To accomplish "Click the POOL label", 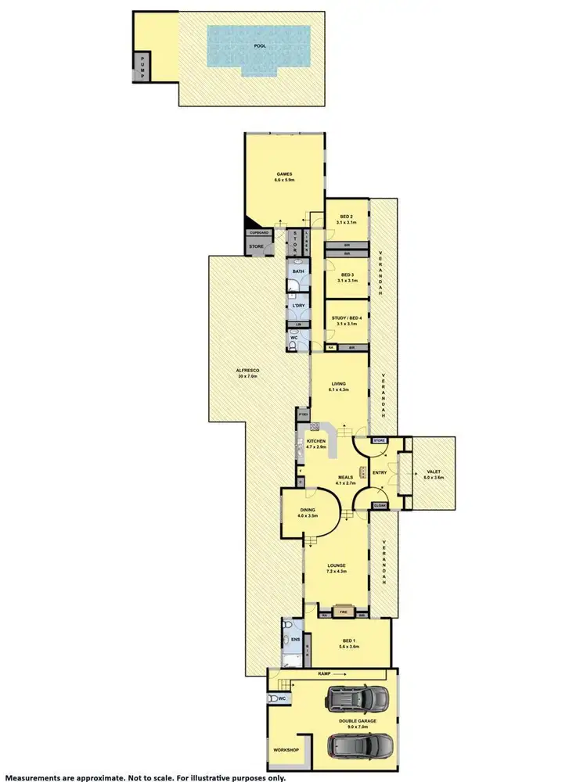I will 259,46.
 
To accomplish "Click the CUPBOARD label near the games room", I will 259,233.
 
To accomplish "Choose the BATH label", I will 298,271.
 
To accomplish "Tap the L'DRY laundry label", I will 298,305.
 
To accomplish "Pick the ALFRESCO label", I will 247,372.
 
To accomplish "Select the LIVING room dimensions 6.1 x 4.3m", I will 338,390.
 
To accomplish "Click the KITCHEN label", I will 315,442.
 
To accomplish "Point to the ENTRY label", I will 380,472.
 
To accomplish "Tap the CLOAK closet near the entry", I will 380,506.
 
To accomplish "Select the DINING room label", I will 307,511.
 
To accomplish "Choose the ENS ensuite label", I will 295,640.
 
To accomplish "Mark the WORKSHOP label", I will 286,750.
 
